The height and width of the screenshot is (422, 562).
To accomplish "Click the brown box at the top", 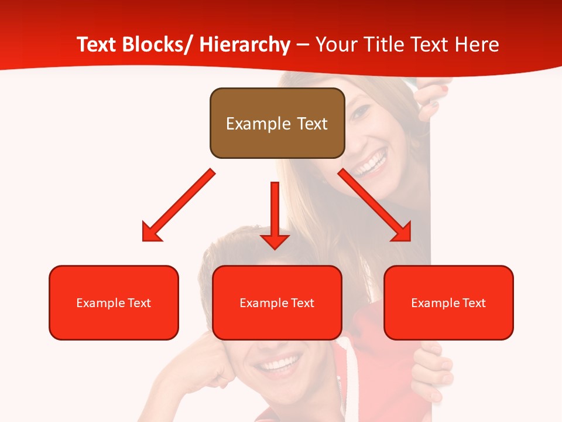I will pyautogui.click(x=277, y=123).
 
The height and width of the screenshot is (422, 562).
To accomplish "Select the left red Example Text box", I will pyautogui.click(x=114, y=302).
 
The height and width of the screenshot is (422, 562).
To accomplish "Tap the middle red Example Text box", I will pyautogui.click(x=277, y=302).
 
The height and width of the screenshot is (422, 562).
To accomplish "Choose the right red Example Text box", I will pyautogui.click(x=448, y=302).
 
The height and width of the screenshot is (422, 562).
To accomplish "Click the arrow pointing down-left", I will pyautogui.click(x=179, y=205).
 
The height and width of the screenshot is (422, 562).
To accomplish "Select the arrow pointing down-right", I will pyautogui.click(x=375, y=205).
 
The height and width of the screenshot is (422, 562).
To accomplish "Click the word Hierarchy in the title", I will pyautogui.click(x=245, y=45).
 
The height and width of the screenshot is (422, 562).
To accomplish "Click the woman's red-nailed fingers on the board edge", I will pyautogui.click(x=433, y=100).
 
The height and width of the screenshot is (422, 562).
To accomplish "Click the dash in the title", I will pyautogui.click(x=303, y=45).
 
